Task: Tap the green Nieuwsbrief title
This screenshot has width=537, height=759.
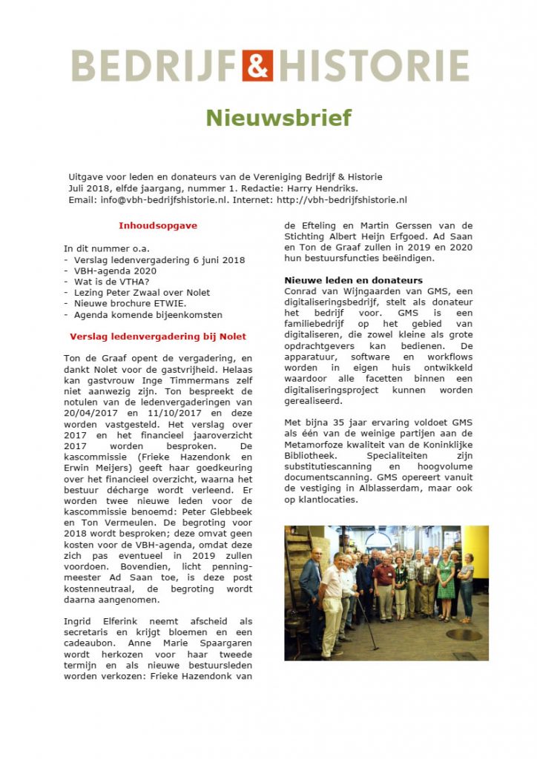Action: [x=278, y=118]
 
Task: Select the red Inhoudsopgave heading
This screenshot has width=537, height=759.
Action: [x=158, y=225]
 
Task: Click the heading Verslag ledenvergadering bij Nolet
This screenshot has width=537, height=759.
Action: [x=158, y=336]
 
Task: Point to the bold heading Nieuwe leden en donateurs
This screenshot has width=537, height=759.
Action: [x=354, y=280]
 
